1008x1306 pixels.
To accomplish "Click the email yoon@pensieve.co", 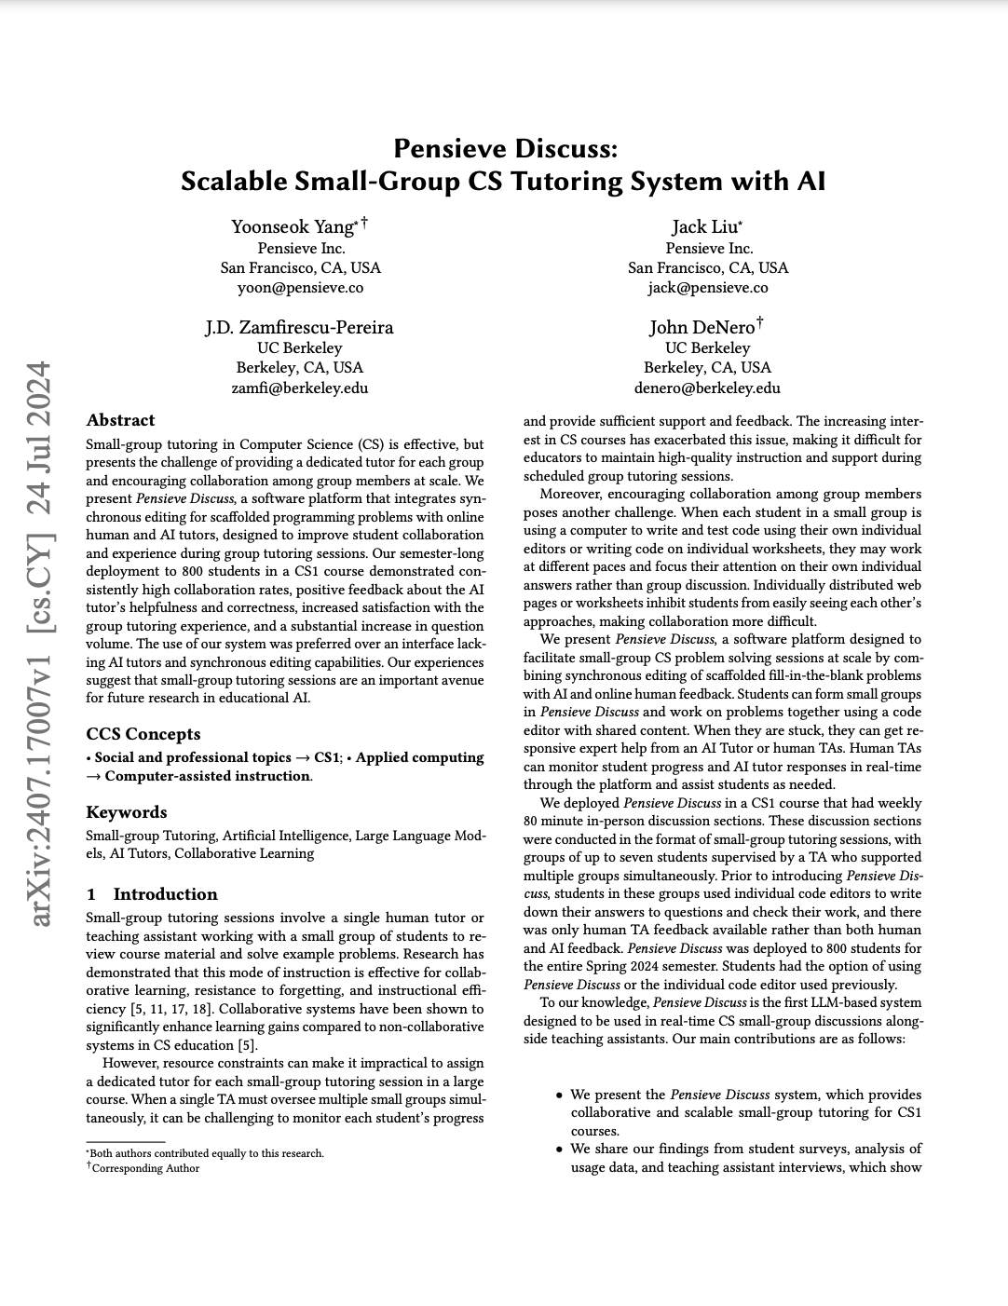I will pyautogui.click(x=300, y=287).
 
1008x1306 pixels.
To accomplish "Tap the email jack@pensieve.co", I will pyautogui.click(x=708, y=287).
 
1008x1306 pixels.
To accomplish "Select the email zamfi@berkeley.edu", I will pyautogui.click(x=300, y=388).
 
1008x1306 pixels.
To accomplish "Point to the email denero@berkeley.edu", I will pyautogui.click(x=707, y=388).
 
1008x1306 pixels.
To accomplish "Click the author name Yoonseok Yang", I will pyautogui.click(x=293, y=226).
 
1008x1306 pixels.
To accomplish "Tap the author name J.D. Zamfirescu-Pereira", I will pyautogui.click(x=299, y=327).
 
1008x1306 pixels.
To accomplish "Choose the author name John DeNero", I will pyautogui.click(x=702, y=327).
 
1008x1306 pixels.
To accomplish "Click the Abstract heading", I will pyautogui.click(x=120, y=420).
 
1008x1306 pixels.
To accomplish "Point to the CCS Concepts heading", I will pyautogui.click(x=143, y=734).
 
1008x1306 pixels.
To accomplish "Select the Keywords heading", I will pyautogui.click(x=126, y=812).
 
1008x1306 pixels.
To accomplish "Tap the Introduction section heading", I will pyautogui.click(x=165, y=894).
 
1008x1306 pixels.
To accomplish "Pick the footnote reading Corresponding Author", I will pyautogui.click(x=145, y=1168).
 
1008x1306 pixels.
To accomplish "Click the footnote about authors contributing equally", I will pyautogui.click(x=206, y=1153).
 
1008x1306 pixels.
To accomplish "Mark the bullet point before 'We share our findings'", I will pyautogui.click(x=559, y=1150).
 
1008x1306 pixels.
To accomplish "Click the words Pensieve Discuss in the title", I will pyautogui.click(x=504, y=148).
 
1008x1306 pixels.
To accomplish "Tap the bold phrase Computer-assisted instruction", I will pyautogui.click(x=208, y=776).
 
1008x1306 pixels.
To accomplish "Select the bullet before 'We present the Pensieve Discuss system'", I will pyautogui.click(x=559, y=1095).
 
